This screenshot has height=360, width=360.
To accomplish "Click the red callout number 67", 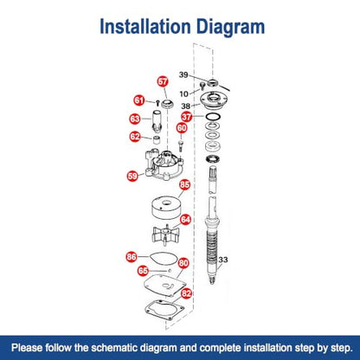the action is pos(163,81).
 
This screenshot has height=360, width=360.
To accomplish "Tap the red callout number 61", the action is pos(139,100).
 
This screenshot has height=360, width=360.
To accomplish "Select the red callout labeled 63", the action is pos(135,119).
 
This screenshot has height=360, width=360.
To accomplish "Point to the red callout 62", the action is pos(135,137).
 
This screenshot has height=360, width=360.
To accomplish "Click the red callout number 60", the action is pos(182,128).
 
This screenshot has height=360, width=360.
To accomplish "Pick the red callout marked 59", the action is pos(132,176).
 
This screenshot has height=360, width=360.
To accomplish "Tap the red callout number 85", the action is pos(184,184).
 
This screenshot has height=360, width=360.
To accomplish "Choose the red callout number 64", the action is pos(185,220).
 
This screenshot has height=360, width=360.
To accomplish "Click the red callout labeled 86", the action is pos(132,256).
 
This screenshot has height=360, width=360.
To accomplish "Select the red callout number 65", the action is pos(143,271).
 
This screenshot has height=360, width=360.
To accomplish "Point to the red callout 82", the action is pos(186,293).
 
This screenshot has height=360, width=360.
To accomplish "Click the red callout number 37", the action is pos(187,117).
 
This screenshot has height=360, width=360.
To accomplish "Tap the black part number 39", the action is pos(183,74).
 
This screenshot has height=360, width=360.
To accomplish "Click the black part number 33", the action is pos(223,260).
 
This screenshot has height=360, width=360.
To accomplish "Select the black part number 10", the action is pos(183,93).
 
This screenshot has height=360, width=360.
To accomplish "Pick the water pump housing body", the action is pos(164,164).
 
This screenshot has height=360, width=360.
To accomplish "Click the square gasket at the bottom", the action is pos(164,312).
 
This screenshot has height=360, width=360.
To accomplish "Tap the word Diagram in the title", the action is pos(230,27).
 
